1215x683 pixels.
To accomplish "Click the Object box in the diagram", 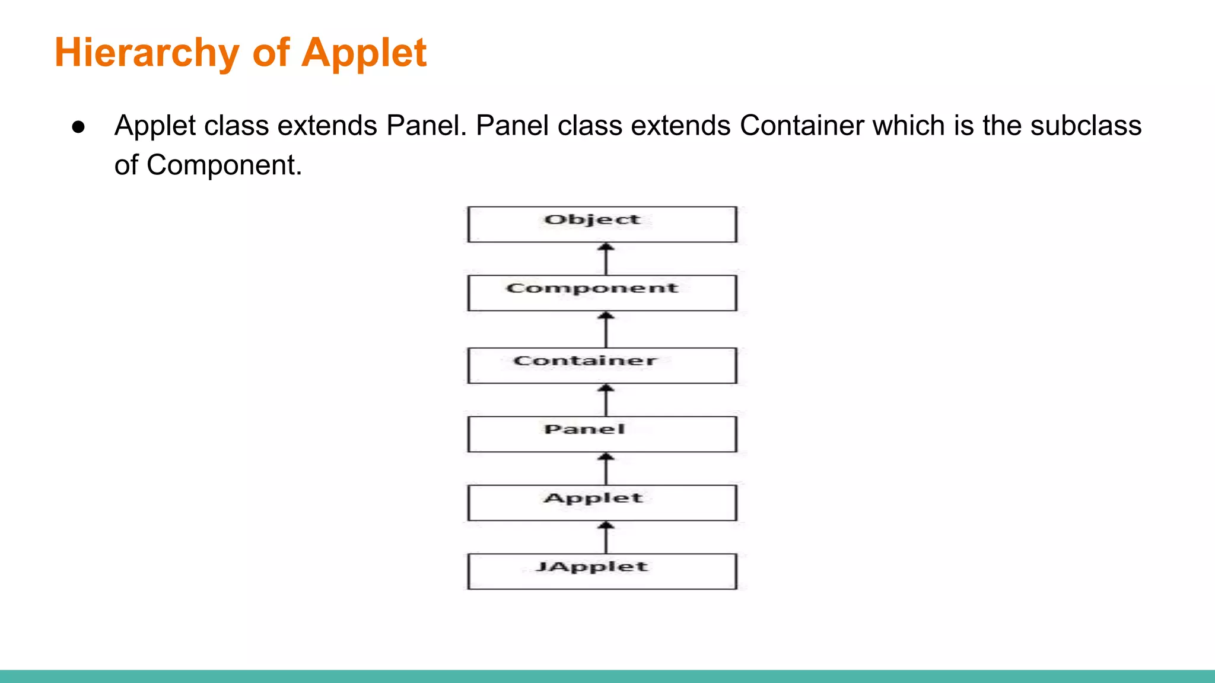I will point(602,224).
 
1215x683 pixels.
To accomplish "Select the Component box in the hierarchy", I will point(602,292).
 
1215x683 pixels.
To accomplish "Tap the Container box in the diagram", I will point(602,365).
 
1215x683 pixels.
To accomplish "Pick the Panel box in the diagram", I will point(602,434).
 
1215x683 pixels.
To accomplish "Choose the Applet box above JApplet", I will point(602,503).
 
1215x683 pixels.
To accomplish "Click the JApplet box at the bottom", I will point(602,571).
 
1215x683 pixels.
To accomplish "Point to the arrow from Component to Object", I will point(606,259).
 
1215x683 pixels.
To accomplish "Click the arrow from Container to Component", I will point(606,330).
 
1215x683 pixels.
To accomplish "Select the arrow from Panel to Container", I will point(606,400).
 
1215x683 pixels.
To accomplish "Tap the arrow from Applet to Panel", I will point(606,469).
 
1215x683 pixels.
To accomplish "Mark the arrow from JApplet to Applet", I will point(606,538).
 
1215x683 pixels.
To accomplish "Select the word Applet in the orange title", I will point(364,53).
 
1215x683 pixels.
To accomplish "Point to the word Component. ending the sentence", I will point(224,165).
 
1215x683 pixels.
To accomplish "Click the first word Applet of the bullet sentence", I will point(155,126).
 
